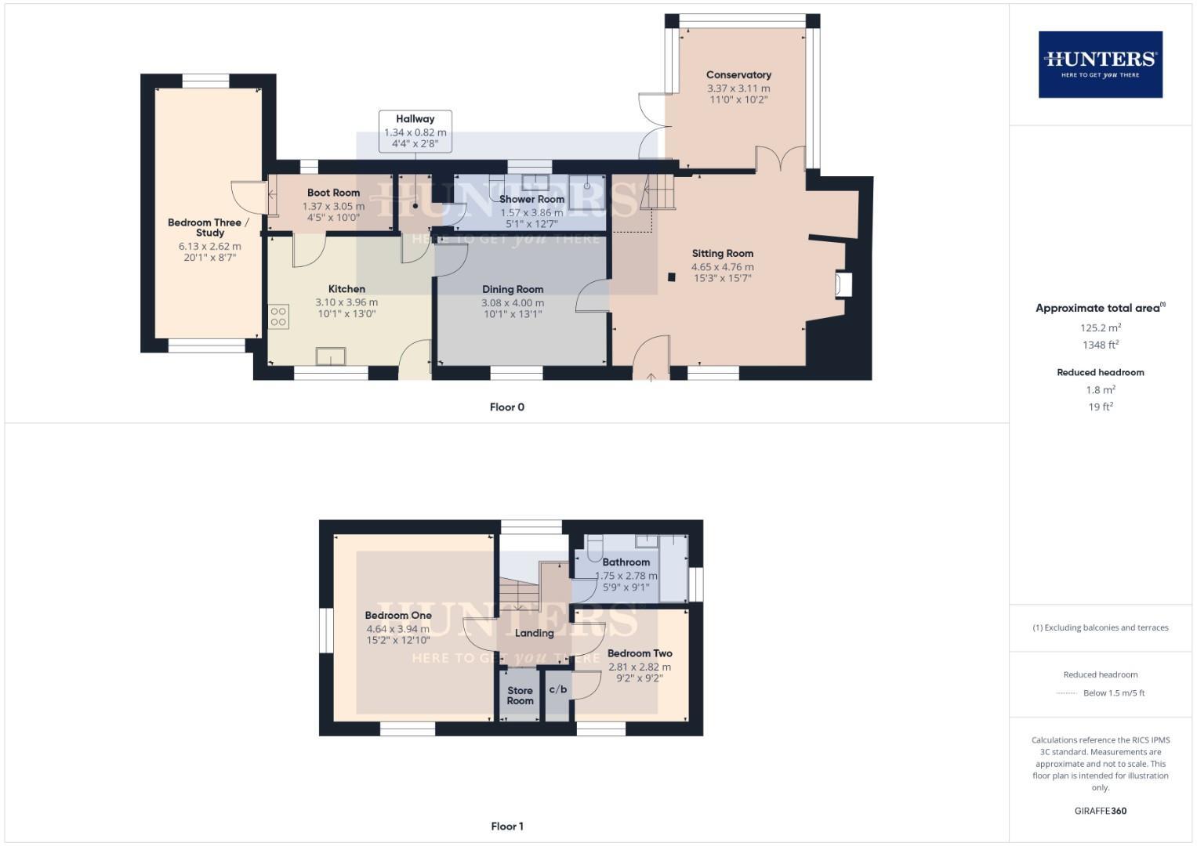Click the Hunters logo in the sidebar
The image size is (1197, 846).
pyautogui.click(x=1100, y=64)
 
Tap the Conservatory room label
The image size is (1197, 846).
pyautogui.click(x=738, y=75)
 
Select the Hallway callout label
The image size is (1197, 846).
pyautogui.click(x=415, y=119)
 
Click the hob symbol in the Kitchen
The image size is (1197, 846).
pyautogui.click(x=279, y=316)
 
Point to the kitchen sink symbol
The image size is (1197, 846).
pyautogui.click(x=331, y=356)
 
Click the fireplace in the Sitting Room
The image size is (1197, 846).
pyautogui.click(x=843, y=284)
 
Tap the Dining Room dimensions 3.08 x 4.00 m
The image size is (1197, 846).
pyautogui.click(x=513, y=302)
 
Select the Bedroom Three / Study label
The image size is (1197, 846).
pyautogui.click(x=209, y=227)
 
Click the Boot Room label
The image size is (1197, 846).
pyautogui.click(x=333, y=193)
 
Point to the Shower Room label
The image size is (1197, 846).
pyautogui.click(x=531, y=199)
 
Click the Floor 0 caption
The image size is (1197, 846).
pyautogui.click(x=506, y=407)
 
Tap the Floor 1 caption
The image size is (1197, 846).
pyautogui.click(x=506, y=826)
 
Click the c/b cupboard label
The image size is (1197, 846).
pyautogui.click(x=557, y=689)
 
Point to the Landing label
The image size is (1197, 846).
pyautogui.click(x=534, y=633)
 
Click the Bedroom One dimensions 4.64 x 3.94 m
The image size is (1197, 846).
pyautogui.click(x=397, y=628)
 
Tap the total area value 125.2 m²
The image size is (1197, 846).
pyautogui.click(x=1100, y=328)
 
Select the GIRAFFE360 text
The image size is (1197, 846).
pyautogui.click(x=1100, y=811)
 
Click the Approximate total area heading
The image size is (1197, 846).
pyautogui.click(x=1099, y=308)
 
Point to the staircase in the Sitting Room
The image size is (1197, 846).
pyautogui.click(x=657, y=193)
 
